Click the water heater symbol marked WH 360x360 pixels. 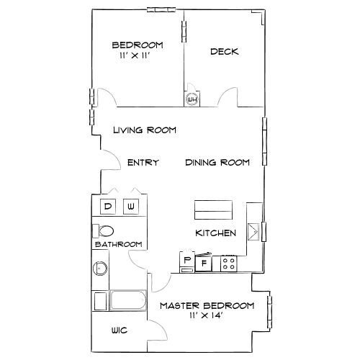(192, 99)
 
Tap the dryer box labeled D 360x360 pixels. (108, 207)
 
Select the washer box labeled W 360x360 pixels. (131, 207)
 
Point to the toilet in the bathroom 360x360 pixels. (103, 231)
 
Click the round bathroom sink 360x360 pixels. (100, 268)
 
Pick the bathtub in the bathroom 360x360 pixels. (128, 300)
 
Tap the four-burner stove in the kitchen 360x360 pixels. (229, 264)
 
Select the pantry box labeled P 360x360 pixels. (187, 261)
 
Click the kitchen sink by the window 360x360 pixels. (253, 232)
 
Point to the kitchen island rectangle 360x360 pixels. (213, 210)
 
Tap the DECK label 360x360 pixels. (225, 52)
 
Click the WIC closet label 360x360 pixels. (120, 330)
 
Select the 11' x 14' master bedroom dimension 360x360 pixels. (206, 315)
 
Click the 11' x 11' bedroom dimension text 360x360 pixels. (135, 55)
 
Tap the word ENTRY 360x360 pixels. (143, 163)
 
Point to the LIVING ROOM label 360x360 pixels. (145, 130)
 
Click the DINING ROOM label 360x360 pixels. (217, 163)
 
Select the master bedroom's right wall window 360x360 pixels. (270, 312)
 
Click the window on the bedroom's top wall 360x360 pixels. (161, 10)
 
